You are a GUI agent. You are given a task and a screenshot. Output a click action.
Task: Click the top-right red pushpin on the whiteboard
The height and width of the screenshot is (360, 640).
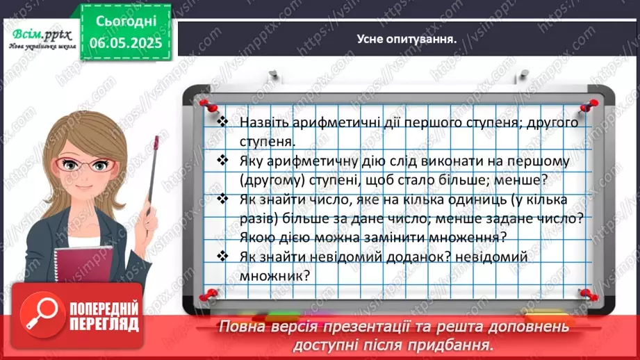[592, 104]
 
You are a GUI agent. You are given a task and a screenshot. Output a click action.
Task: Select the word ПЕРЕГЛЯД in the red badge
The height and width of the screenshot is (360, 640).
[104, 324]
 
